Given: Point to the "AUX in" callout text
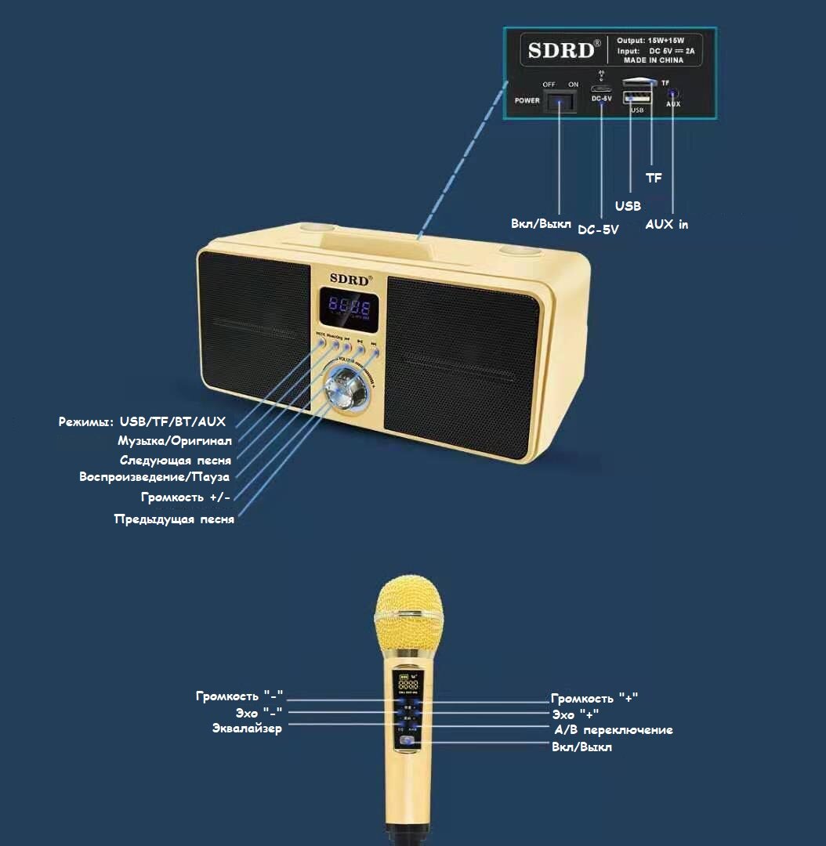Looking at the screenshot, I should (667, 224).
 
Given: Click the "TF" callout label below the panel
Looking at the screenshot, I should (654, 178).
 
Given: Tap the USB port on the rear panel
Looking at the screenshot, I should (636, 98).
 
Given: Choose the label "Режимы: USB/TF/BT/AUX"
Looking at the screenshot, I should (142, 421).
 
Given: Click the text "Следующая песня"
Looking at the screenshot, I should (176, 460).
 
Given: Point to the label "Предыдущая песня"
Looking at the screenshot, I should (174, 519).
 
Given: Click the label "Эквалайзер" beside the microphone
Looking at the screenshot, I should (247, 728).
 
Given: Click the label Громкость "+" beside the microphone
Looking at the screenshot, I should (600, 698).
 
